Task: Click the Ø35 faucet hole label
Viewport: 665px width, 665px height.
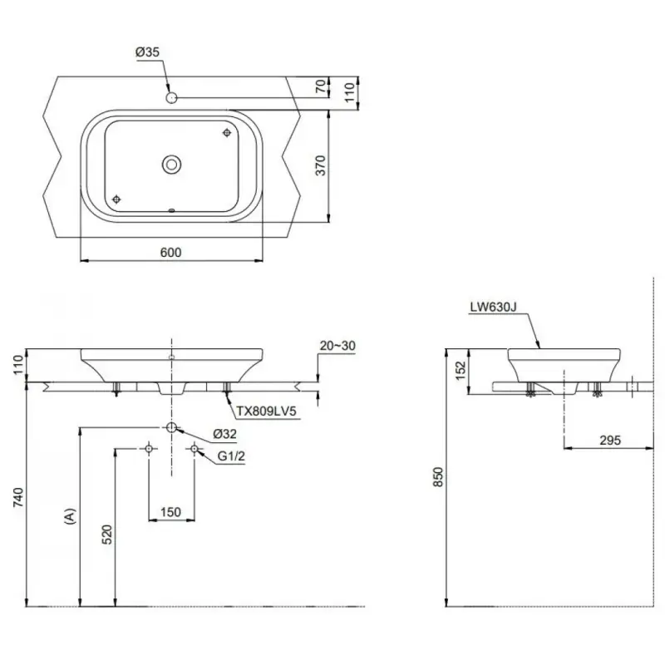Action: pos(147,52)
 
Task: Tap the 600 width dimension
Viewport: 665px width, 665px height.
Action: pos(171,253)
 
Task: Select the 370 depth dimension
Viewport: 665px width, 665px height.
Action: pos(321,165)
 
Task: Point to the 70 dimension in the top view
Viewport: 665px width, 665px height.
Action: pos(322,86)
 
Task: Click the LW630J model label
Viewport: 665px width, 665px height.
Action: pos(493,307)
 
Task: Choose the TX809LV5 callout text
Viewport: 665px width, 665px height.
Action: pos(266,411)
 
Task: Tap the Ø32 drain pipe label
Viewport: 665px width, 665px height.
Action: pos(224,434)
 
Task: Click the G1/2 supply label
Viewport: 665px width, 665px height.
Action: pos(231,456)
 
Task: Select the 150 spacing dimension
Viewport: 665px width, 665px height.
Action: pos(171,512)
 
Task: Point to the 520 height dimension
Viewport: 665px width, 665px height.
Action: pos(108,534)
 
